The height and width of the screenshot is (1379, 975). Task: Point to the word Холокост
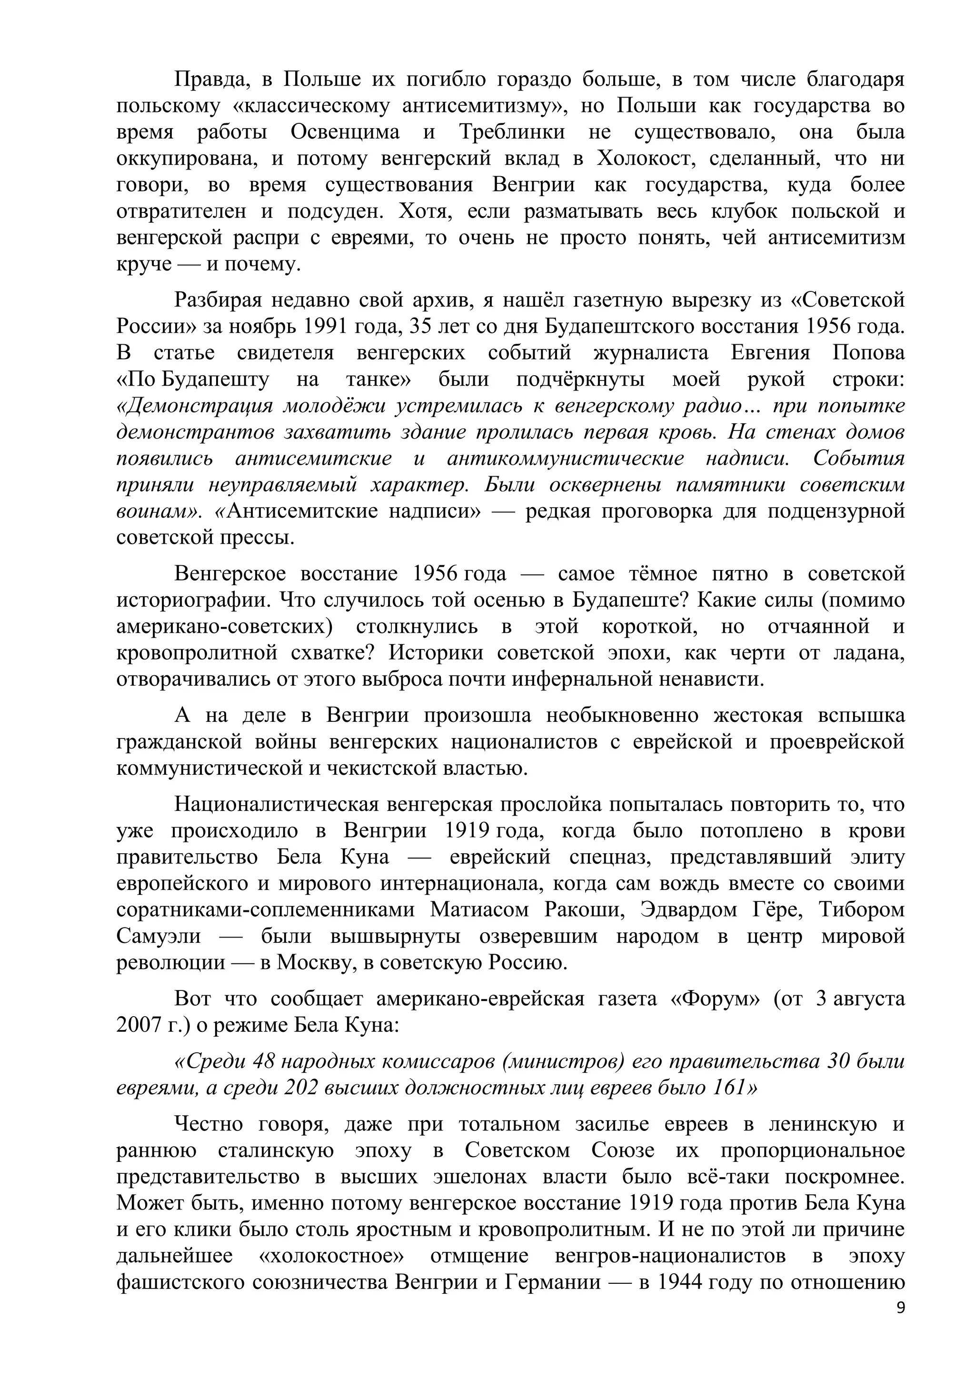tap(646, 159)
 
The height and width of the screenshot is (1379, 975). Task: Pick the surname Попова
tap(868, 352)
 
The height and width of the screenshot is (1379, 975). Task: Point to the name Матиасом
tap(480, 910)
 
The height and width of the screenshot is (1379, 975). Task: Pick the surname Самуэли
tap(159, 936)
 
